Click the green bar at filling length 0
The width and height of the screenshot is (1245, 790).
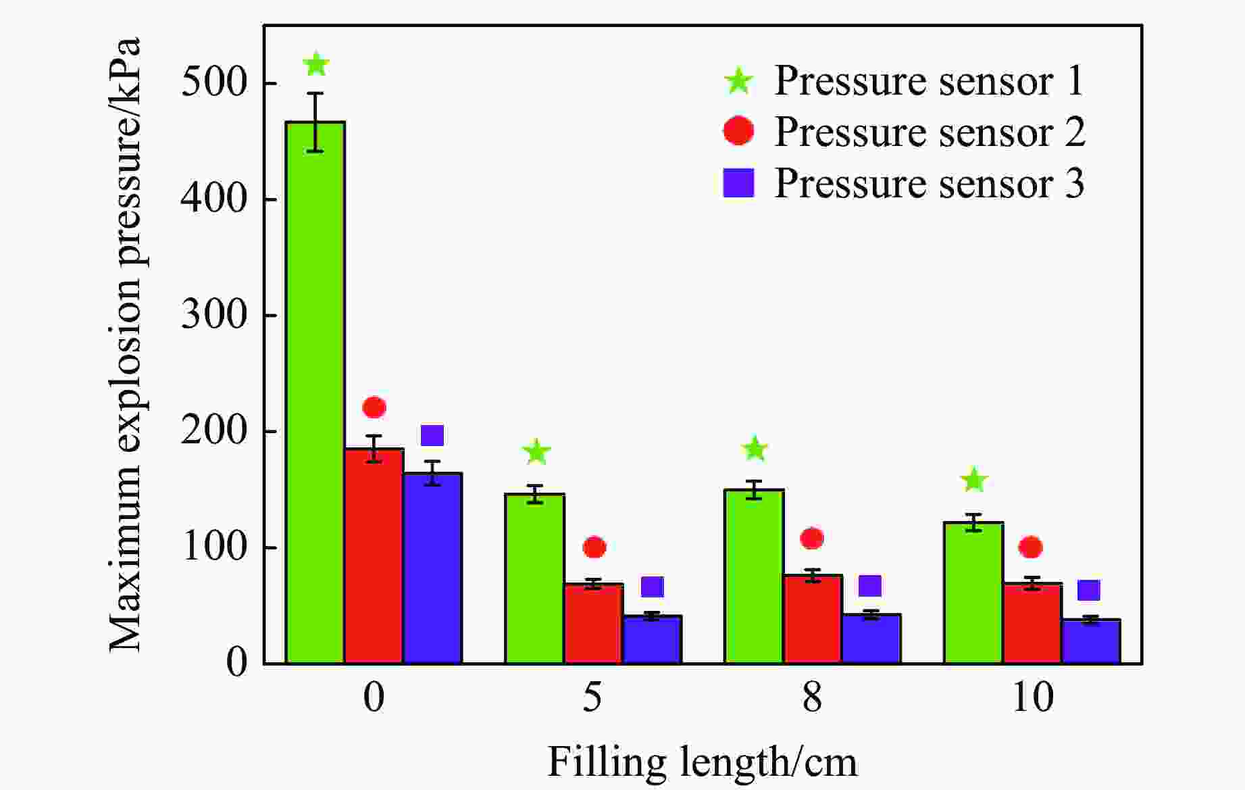pos(315,392)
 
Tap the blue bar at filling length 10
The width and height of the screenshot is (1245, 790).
pos(1091,641)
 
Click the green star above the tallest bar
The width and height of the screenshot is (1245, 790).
pos(315,65)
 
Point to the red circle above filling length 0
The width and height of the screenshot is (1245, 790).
pos(374,408)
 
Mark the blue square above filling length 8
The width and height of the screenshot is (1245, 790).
pos(870,585)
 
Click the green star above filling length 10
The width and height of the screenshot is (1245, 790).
pos(974,480)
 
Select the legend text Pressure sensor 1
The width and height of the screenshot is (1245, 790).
pos(929,81)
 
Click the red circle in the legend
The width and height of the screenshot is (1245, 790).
pos(738,131)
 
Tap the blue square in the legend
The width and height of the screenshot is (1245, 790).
pos(738,183)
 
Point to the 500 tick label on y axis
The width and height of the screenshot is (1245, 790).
pos(215,84)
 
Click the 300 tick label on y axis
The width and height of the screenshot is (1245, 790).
pos(215,316)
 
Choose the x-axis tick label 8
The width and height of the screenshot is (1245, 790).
pos(812,697)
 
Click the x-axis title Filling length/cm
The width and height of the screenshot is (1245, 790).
pos(702,762)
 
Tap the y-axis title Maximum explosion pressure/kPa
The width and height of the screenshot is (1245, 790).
pos(126,345)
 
